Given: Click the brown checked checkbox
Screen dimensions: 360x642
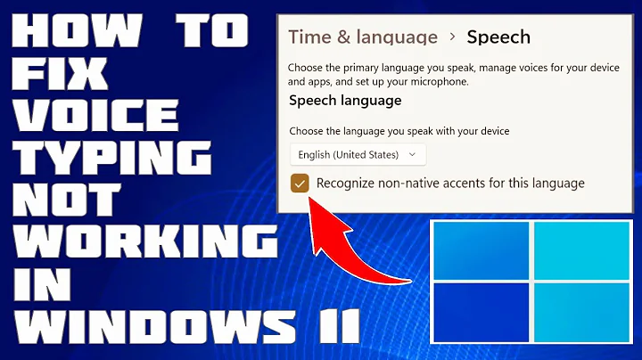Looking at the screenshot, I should (x=300, y=184).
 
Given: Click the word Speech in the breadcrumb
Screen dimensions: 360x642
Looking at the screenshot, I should (x=499, y=37).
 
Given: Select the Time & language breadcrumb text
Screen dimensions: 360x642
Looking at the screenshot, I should (x=363, y=37).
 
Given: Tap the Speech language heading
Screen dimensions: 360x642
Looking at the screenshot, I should (x=345, y=101).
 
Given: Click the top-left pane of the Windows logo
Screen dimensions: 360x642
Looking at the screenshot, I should (x=480, y=250).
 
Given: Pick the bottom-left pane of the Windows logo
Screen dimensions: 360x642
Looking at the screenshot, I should (x=480, y=312).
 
